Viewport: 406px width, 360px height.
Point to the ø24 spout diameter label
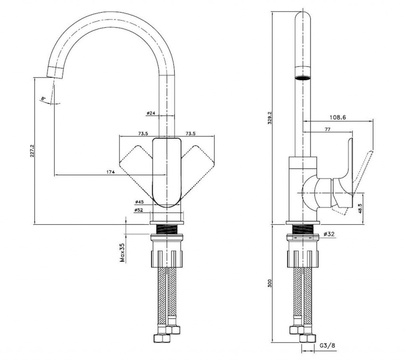[151, 114]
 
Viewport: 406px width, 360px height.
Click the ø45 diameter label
[139, 202]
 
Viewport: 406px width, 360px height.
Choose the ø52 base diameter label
[139, 210]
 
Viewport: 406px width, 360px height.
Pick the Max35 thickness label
[123, 253]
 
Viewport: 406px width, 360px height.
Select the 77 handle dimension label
[327, 129]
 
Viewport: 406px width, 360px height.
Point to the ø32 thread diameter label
[329, 234]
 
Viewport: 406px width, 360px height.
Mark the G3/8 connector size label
[327, 345]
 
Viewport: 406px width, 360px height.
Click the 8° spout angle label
[44, 98]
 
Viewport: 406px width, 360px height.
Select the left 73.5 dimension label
[143, 134]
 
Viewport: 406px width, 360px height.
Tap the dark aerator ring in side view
[303, 78]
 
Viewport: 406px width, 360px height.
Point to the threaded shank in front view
[167, 229]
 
